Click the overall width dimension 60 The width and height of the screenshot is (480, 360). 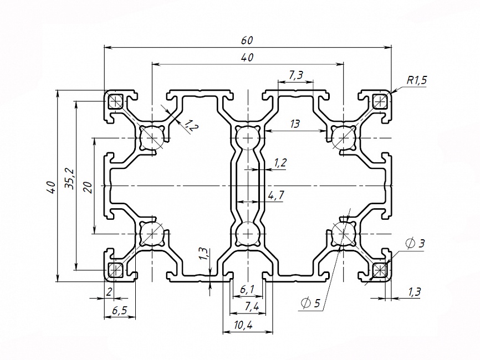(x=247, y=40)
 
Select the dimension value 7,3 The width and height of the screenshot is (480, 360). (x=295, y=75)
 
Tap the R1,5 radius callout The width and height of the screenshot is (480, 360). (x=416, y=80)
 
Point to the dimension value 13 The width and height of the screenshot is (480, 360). (x=294, y=124)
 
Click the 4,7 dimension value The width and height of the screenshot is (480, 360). (x=275, y=195)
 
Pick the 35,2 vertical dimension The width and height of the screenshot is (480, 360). (x=69, y=178)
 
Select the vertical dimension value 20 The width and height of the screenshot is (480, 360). (x=87, y=186)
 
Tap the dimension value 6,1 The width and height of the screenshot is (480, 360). (x=247, y=289)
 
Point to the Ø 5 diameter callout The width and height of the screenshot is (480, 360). (x=310, y=303)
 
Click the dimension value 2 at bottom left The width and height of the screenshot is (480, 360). (x=109, y=292)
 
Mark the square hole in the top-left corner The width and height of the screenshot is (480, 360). (x=116, y=101)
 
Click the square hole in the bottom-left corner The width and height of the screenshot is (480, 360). (x=116, y=270)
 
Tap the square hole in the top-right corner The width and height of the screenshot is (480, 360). (x=380, y=101)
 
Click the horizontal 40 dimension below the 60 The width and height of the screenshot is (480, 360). (x=247, y=58)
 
